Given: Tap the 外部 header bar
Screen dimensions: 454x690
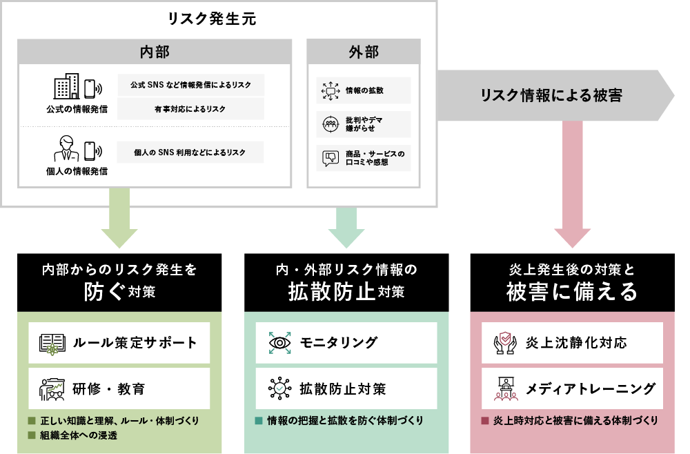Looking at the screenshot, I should (363, 52).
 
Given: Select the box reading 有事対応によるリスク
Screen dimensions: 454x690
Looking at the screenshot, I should (190, 109).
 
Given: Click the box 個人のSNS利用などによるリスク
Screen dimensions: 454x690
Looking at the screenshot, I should (190, 152).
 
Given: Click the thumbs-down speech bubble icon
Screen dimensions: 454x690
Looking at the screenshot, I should (330, 158).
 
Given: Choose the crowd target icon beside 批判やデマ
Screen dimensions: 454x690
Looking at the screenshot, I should (330, 124).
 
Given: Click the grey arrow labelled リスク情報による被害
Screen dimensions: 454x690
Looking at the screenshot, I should (552, 96).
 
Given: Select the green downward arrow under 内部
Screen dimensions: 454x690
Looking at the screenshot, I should (119, 219).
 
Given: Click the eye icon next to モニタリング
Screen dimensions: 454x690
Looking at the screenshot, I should (279, 343).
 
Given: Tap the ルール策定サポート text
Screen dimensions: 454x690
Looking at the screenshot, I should (135, 343).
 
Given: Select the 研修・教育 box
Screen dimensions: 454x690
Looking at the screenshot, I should (119, 389).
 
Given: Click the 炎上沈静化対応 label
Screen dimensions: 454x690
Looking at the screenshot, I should (575, 343).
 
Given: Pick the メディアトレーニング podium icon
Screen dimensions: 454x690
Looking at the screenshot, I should (506, 389).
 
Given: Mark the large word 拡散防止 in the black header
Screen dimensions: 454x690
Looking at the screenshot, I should (332, 292).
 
